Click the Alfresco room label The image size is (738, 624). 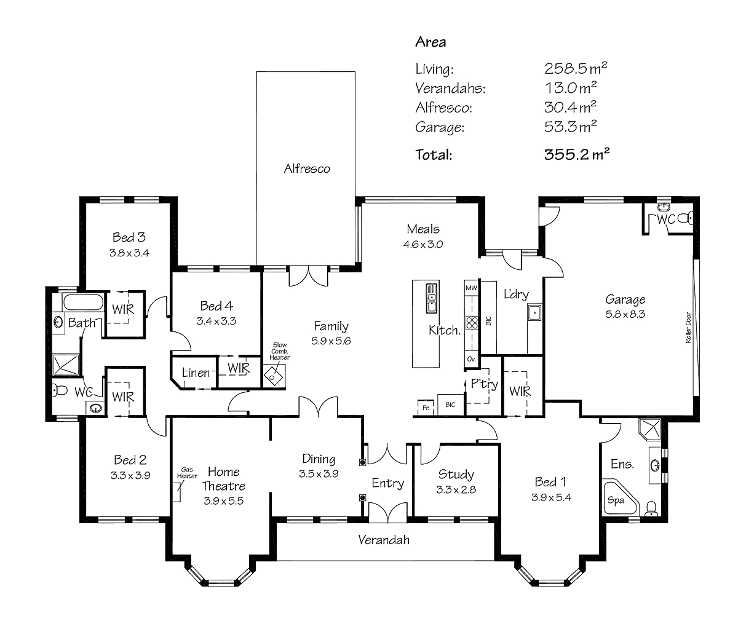[307, 168]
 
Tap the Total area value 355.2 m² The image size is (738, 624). [576, 154]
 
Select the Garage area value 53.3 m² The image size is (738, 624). [571, 127]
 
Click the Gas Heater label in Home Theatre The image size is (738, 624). [187, 472]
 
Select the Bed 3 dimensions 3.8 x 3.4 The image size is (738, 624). [129, 252]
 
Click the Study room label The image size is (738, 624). [456, 474]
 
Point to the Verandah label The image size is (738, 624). [384, 540]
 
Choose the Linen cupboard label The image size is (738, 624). [195, 373]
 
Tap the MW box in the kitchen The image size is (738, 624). [472, 288]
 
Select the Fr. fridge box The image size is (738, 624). [424, 406]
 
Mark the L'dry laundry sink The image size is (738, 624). [534, 313]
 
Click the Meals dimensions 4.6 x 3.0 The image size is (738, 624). [423, 243]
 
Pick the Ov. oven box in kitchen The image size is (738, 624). [472, 358]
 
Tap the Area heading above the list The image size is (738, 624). [430, 42]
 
